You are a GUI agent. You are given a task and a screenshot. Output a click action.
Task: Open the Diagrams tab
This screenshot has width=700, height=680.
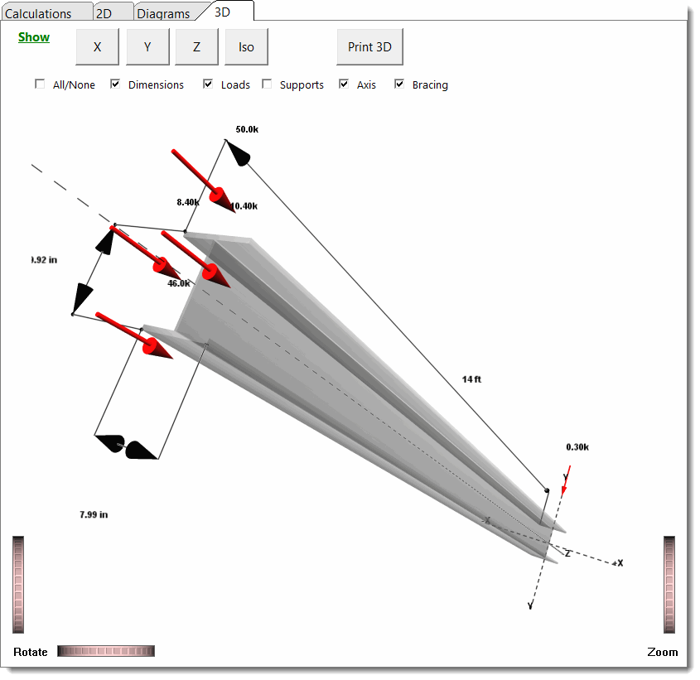click(163, 13)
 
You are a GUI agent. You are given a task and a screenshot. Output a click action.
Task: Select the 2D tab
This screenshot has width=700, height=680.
click(104, 13)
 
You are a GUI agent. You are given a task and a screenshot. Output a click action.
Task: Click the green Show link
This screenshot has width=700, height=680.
click(34, 37)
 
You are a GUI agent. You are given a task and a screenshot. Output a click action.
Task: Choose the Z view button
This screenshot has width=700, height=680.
click(196, 47)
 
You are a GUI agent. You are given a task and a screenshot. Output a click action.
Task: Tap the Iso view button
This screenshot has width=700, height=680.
click(246, 47)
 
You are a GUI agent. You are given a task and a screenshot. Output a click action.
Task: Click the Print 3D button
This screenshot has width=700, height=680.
click(369, 47)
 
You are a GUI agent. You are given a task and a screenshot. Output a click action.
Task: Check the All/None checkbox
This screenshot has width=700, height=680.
click(40, 84)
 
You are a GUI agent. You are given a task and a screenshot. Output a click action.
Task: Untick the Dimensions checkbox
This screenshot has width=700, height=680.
click(116, 84)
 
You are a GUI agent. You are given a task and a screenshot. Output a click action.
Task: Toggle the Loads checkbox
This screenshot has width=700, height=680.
click(208, 84)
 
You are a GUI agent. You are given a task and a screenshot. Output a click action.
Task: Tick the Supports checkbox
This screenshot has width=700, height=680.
click(267, 84)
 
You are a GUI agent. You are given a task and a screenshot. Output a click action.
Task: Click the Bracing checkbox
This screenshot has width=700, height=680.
click(399, 84)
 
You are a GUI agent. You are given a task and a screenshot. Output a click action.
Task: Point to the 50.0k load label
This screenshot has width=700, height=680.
click(247, 130)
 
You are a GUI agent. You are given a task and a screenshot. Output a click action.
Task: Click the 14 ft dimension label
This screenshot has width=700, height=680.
click(471, 379)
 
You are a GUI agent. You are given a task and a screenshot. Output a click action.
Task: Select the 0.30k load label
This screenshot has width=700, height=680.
click(577, 447)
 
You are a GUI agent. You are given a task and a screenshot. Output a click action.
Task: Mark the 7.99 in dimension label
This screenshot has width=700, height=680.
click(94, 514)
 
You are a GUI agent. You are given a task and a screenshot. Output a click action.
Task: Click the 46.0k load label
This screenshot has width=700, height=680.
click(179, 283)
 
